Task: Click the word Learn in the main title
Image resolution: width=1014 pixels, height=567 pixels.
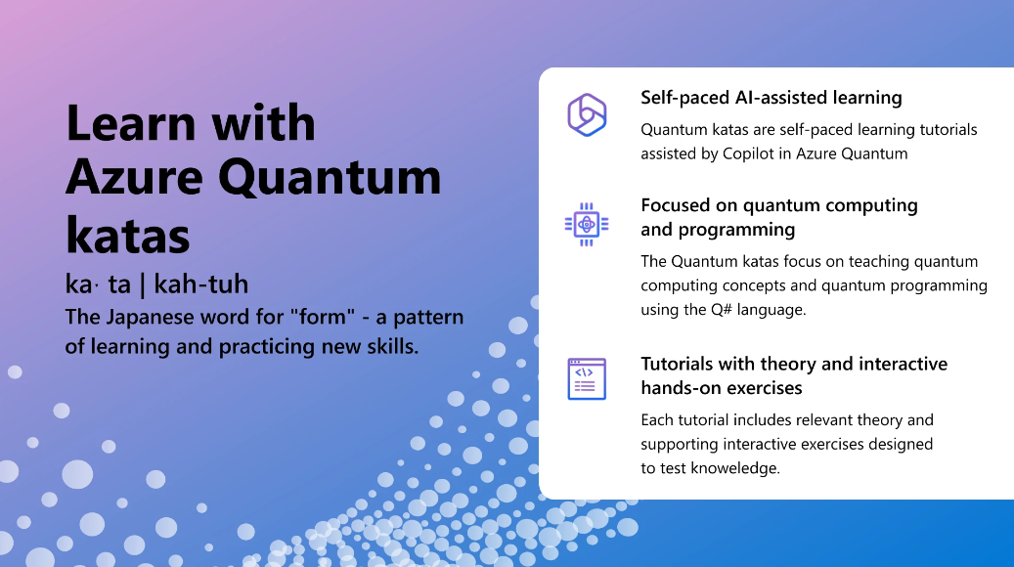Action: (x=131, y=123)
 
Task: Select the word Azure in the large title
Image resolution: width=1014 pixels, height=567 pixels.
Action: (x=135, y=177)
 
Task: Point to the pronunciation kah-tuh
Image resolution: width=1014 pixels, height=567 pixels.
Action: (x=201, y=283)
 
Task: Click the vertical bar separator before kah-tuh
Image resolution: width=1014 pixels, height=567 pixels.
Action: (x=142, y=285)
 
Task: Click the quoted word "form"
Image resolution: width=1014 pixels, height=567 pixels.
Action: (x=323, y=317)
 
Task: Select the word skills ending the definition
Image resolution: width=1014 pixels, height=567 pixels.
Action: (x=392, y=346)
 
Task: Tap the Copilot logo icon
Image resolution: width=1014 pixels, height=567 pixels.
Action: (x=587, y=115)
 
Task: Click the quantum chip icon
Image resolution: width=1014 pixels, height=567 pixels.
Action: (x=587, y=224)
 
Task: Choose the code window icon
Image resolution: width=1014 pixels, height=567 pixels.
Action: (x=587, y=379)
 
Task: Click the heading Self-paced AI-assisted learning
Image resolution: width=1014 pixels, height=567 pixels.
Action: (x=772, y=98)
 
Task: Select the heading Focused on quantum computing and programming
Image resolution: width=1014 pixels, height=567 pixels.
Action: (x=779, y=217)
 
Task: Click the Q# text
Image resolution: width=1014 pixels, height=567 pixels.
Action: (x=721, y=310)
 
